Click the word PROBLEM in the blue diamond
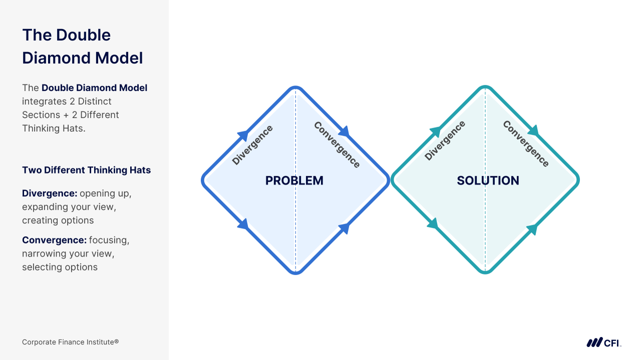click(x=294, y=181)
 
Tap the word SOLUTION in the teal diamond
click(x=488, y=181)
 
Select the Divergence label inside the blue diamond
click(x=253, y=145)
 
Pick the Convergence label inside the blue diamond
click(x=337, y=145)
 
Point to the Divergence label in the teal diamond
click(x=445, y=141)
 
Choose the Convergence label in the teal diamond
click(x=526, y=144)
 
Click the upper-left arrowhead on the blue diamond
click(x=243, y=135)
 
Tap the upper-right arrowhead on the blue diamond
click(x=344, y=132)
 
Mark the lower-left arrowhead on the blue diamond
click(x=243, y=224)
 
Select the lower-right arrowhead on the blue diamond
click(x=344, y=228)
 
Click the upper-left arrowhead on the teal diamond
click(x=436, y=132)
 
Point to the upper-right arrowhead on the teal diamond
click(x=534, y=131)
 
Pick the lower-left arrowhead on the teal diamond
click(x=433, y=224)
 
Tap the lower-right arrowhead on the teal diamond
click(x=532, y=229)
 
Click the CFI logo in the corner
click(x=603, y=342)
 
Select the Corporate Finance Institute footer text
click(x=70, y=342)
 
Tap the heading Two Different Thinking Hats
click(x=86, y=170)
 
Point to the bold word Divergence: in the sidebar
click(x=50, y=193)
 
